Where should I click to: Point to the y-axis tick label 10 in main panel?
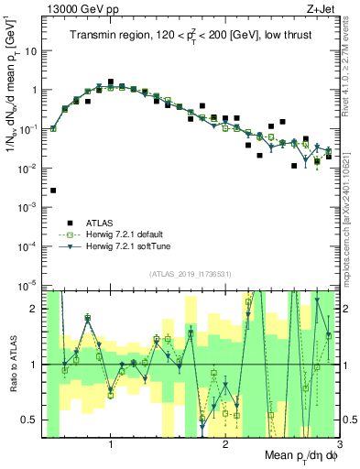31,51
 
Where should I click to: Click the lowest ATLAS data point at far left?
53,191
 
